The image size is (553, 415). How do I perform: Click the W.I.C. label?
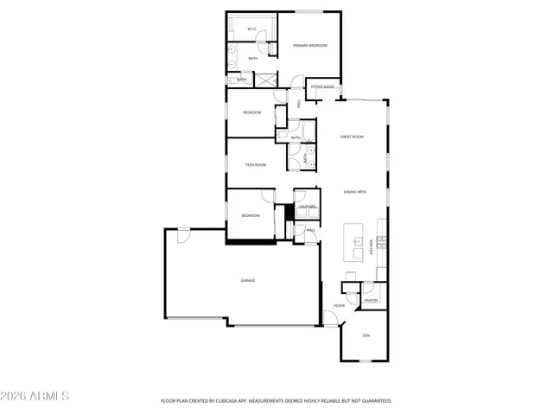251,29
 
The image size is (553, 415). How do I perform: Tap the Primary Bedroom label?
308,45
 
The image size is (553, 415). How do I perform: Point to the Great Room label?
351,137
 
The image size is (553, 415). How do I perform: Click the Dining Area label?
355,192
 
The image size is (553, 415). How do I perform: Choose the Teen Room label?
255,164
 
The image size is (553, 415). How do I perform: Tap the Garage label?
248,280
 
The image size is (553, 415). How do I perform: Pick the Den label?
365,335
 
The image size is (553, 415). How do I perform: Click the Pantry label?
371,300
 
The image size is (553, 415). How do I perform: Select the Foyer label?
340,305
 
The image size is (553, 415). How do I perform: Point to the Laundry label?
307,207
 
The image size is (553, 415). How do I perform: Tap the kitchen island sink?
355,234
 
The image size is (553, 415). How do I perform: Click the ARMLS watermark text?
36,396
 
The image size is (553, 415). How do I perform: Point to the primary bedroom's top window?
308,12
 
